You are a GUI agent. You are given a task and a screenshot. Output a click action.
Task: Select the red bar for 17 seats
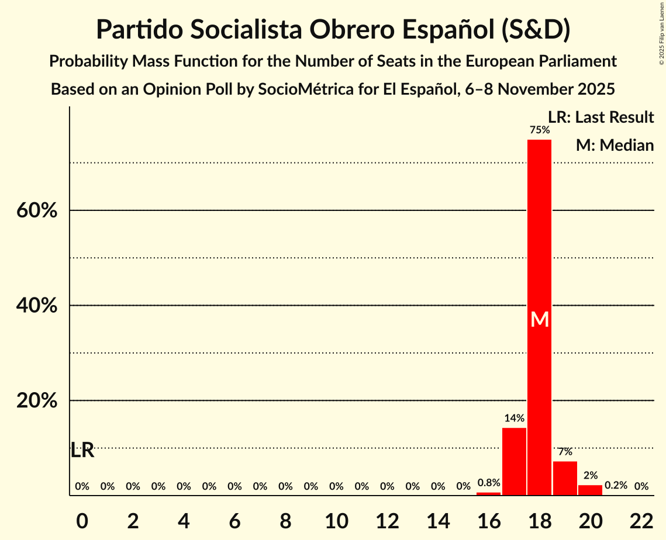514,462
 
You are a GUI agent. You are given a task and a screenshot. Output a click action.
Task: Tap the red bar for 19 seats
565,478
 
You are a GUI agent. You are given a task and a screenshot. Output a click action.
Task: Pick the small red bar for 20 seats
590,490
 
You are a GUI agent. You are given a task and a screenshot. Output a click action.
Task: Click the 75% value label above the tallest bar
539,130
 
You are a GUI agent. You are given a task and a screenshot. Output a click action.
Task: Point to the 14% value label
514,418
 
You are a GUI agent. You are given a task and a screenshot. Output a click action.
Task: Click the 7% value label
565,452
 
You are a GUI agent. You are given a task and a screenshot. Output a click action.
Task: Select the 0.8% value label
489,483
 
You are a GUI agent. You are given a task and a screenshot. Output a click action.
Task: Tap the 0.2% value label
616,486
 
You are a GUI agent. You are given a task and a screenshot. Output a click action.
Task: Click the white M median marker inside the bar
540,320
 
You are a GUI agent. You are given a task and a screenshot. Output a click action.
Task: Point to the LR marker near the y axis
82,451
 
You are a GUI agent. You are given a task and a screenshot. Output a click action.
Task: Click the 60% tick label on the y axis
36,210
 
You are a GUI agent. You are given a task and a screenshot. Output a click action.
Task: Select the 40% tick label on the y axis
36,306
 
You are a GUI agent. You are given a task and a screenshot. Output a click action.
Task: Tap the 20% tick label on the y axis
36,401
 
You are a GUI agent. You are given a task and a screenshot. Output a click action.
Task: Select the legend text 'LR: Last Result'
601,117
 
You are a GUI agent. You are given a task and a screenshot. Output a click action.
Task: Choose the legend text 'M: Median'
615,145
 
